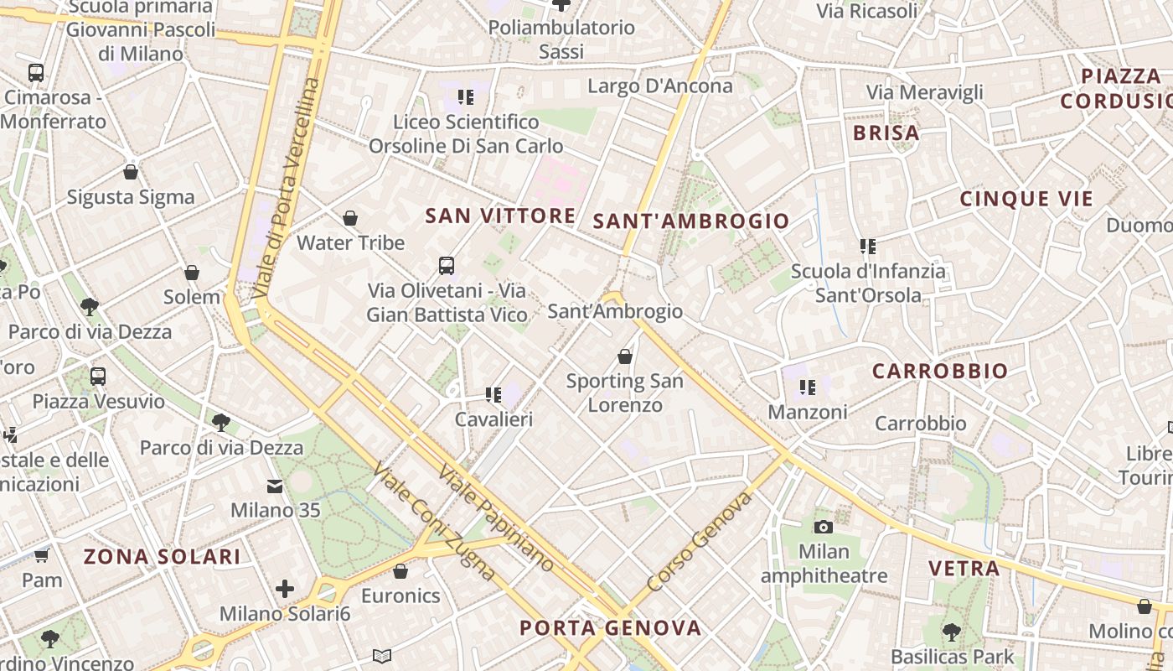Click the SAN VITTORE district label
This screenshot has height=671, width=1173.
(x=500, y=216)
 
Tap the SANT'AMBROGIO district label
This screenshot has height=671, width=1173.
(x=691, y=221)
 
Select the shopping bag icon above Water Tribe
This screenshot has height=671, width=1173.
(x=350, y=219)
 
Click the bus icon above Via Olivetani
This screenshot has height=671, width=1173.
(x=447, y=266)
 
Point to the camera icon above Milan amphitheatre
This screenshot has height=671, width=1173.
(x=824, y=527)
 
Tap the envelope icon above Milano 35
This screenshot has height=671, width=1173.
(x=275, y=486)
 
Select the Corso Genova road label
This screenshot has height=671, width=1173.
(x=700, y=543)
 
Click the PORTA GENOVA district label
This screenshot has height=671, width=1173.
(x=610, y=627)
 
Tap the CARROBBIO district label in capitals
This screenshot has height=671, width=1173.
(x=940, y=371)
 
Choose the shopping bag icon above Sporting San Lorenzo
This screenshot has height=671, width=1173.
(x=624, y=356)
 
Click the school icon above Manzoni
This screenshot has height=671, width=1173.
(x=808, y=388)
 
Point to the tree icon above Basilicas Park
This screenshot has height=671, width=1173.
(x=951, y=631)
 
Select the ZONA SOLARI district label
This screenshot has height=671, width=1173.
(x=163, y=556)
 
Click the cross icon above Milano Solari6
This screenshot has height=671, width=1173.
(x=285, y=589)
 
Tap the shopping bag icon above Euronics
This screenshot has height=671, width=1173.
(x=400, y=571)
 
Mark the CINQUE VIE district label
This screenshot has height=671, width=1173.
(x=1026, y=199)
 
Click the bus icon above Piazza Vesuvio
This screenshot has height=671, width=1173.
(x=98, y=377)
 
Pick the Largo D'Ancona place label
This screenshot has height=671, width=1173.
(x=660, y=86)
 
